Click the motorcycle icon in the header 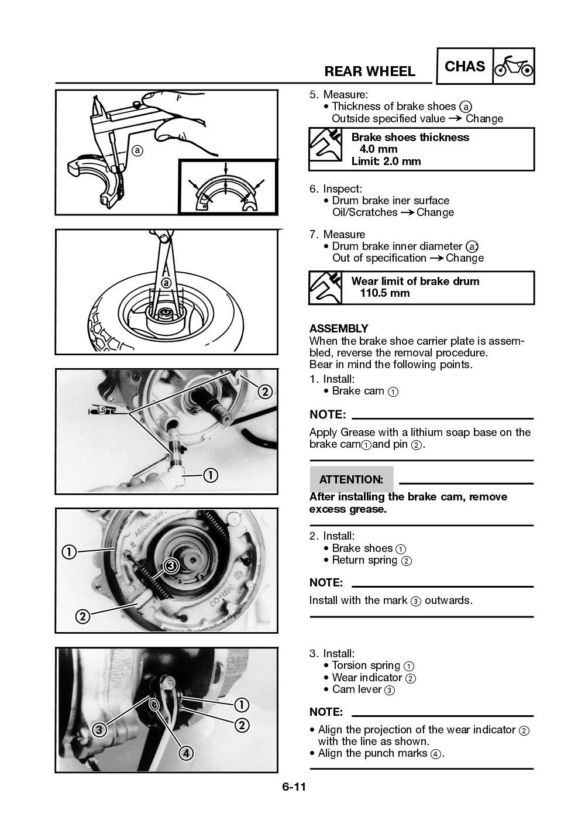click(514, 67)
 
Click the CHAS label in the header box click(464, 67)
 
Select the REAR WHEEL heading click(370, 71)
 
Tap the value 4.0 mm click(378, 149)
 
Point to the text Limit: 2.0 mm click(386, 162)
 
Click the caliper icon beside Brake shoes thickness click(325, 149)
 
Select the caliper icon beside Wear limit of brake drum click(325, 287)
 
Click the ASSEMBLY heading click(339, 328)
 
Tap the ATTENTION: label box click(351, 479)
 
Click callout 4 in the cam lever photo click(186, 753)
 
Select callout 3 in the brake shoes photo click(171, 565)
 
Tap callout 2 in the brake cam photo click(264, 392)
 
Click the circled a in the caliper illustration click(137, 150)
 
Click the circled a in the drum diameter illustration click(166, 283)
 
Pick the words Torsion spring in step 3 click(366, 665)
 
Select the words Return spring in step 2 click(364, 560)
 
